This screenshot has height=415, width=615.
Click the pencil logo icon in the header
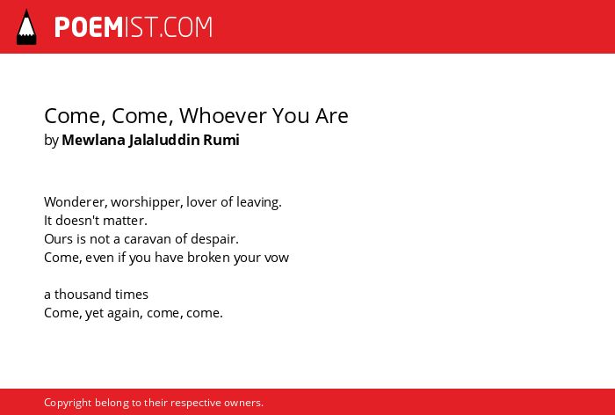click(x=26, y=27)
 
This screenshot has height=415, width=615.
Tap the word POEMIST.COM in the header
click(x=134, y=27)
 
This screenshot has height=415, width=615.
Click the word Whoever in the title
click(x=223, y=115)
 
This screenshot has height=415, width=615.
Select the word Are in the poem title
click(x=332, y=115)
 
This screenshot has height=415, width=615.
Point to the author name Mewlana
click(x=93, y=140)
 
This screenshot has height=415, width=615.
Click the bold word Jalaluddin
click(x=164, y=140)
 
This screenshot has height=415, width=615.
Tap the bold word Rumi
click(x=221, y=140)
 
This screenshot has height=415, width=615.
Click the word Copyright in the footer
click(x=68, y=403)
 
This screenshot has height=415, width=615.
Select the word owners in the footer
click(x=243, y=404)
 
